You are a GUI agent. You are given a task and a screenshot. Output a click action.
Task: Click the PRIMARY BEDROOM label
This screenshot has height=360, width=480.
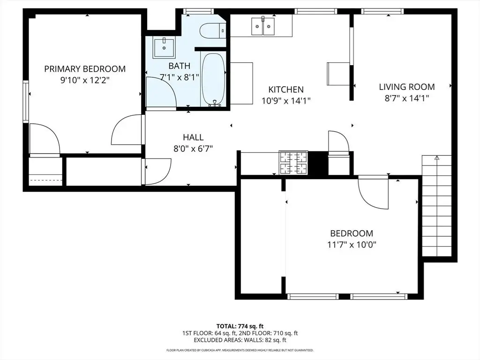pyautogui.click(x=85, y=69)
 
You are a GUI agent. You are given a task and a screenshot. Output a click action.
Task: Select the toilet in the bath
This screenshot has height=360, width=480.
pyautogui.click(x=213, y=30)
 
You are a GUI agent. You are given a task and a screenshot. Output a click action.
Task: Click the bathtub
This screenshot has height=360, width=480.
pyautogui.click(x=213, y=80)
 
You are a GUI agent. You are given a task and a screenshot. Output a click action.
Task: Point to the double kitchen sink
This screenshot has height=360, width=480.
pyautogui.click(x=263, y=26)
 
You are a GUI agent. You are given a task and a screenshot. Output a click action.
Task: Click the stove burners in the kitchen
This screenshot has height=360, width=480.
pyautogui.click(x=293, y=163)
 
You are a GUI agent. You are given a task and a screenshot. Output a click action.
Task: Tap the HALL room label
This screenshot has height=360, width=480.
pyautogui.click(x=193, y=137)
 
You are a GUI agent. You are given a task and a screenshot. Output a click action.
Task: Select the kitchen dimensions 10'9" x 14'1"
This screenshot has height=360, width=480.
pyautogui.click(x=286, y=101)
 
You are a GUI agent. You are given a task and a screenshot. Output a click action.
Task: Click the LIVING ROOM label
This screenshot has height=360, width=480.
pyautogui.click(x=407, y=87)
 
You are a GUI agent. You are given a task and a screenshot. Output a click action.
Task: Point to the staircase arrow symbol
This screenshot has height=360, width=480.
pyautogui.click(x=437, y=158)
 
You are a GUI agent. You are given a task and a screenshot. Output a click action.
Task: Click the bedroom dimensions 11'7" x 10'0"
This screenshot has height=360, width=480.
pyautogui.click(x=352, y=245)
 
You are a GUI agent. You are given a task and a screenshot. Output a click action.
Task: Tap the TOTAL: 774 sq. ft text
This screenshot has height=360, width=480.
pyautogui.click(x=240, y=326)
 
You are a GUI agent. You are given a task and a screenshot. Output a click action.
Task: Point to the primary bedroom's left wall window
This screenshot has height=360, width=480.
pyautogui.click(x=26, y=102)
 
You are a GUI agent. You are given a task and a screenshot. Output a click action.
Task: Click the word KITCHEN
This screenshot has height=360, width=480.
pyautogui.click(x=286, y=90)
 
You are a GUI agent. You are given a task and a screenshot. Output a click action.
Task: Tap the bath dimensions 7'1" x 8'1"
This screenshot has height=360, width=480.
pyautogui.click(x=180, y=76)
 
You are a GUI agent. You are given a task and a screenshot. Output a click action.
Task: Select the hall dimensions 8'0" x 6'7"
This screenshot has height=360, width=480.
pyautogui.click(x=193, y=149)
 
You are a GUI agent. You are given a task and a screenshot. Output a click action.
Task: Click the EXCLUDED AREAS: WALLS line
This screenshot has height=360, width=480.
pyautogui.click(x=240, y=340)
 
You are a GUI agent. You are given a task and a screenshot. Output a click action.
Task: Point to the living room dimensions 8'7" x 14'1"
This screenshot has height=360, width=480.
pyautogui.click(x=407, y=98)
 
